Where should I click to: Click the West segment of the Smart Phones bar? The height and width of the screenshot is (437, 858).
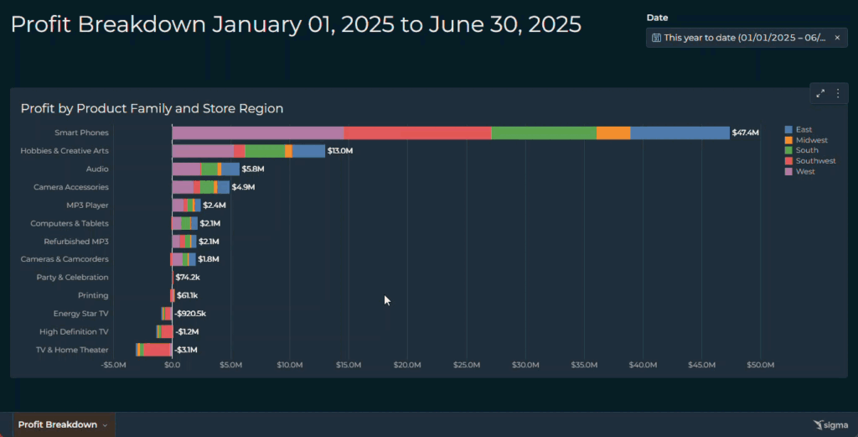coord(257,133)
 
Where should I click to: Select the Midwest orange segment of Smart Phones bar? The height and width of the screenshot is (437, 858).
coord(613,133)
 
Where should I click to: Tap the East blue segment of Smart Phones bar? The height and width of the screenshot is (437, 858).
coord(680,133)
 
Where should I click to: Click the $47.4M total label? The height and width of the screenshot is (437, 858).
coord(745,133)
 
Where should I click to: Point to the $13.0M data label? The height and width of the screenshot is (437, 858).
coord(340,151)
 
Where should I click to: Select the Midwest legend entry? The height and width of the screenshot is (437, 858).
coord(811,140)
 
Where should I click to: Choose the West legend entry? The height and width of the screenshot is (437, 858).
coord(804,172)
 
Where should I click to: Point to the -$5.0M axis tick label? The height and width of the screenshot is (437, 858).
coord(114,365)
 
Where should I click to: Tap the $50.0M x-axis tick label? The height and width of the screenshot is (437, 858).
coord(760,365)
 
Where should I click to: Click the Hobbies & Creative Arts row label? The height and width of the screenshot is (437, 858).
coord(65,151)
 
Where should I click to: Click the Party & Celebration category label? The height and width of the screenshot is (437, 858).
coord(72,278)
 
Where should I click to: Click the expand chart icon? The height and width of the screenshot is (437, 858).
coord(820,94)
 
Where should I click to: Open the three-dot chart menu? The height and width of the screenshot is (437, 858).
coord(837,94)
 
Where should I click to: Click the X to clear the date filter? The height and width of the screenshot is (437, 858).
coord(836,38)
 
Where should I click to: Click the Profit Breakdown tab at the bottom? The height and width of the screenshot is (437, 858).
coord(58,424)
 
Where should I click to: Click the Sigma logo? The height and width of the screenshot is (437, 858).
coord(830,425)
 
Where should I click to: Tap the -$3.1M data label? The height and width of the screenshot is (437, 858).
coord(187,350)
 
